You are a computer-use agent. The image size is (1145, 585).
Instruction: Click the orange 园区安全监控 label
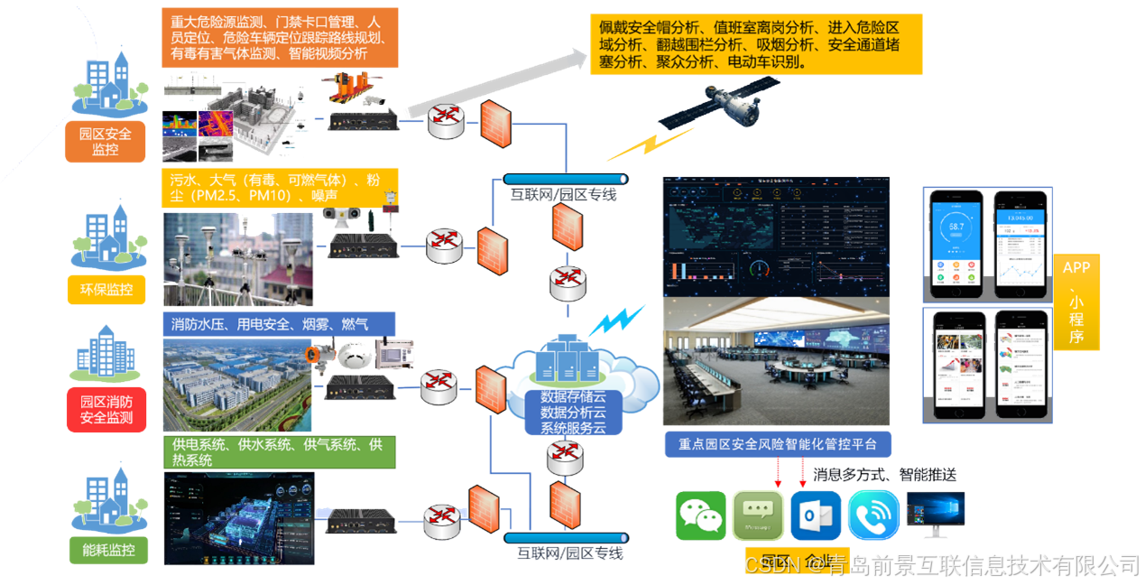(105, 142)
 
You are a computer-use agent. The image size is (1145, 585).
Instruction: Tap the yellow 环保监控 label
(106, 289)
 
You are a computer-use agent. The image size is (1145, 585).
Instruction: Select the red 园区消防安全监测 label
(106, 409)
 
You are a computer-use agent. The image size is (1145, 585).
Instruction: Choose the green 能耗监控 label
(106, 548)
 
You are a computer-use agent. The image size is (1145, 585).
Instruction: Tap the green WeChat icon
(700, 515)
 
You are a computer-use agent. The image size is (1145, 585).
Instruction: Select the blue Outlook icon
(815, 515)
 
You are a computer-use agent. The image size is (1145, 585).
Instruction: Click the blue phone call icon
(873, 515)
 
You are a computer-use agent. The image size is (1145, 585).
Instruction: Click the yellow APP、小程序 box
(1076, 303)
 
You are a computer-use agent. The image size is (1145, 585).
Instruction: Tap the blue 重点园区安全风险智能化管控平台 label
(777, 444)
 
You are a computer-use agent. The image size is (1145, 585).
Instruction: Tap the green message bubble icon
(758, 515)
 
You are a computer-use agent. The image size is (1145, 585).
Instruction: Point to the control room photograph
(777, 361)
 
